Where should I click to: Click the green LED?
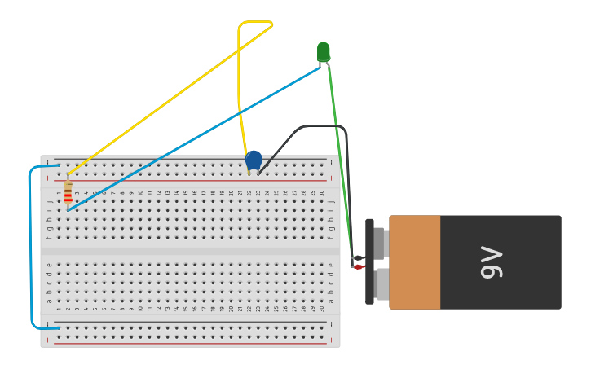(324, 51)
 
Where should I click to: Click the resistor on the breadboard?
(68, 192)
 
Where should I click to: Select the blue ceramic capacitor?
(254, 160)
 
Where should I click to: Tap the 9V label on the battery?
(492, 262)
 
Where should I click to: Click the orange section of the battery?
(415, 262)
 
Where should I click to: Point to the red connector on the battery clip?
(358, 266)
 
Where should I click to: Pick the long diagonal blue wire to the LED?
(196, 138)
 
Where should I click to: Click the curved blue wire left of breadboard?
(31, 244)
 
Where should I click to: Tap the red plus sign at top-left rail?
(47, 178)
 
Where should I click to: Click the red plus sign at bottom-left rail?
(47, 340)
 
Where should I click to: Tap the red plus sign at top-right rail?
(331, 178)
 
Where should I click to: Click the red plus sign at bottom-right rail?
(331, 340)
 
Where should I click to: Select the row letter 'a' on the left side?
(49, 301)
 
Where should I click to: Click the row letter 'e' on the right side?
(331, 265)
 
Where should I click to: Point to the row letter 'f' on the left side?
(49, 237)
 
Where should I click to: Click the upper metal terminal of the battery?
(380, 243)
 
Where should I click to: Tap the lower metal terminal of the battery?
(382, 284)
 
